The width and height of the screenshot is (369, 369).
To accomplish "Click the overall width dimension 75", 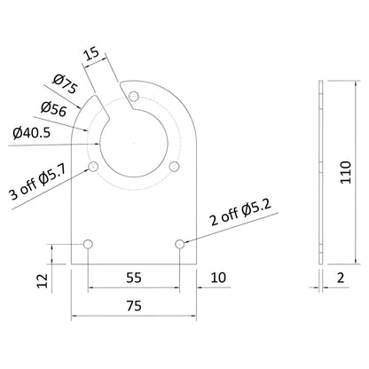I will point(134,305).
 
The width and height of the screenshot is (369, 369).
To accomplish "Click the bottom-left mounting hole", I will point(88,243).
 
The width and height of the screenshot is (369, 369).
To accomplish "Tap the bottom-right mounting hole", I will point(180,243).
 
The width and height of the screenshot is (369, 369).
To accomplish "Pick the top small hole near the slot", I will point(133,95).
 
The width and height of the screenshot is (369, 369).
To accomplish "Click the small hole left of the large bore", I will point(92,167).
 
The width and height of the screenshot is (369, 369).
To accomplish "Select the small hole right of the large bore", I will point(175,167).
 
